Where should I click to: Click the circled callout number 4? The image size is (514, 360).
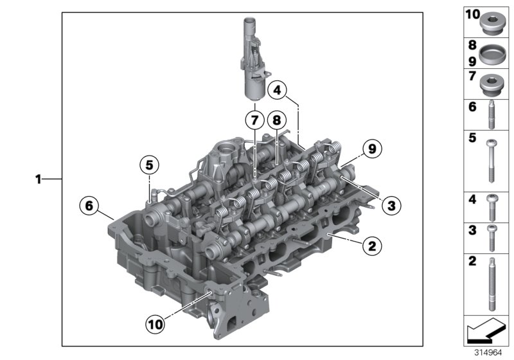pos(277,91)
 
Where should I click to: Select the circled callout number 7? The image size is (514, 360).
pos(254,120)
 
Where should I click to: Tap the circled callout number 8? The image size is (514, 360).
pos(276,120)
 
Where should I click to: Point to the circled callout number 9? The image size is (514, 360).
pos(372,148)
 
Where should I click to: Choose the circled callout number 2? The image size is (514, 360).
pos(371,245)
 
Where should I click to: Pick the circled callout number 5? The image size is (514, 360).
pos(149,166)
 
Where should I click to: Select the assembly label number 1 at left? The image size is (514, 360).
pos(39,180)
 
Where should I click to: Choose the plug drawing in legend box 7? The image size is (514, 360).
pos(492,82)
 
